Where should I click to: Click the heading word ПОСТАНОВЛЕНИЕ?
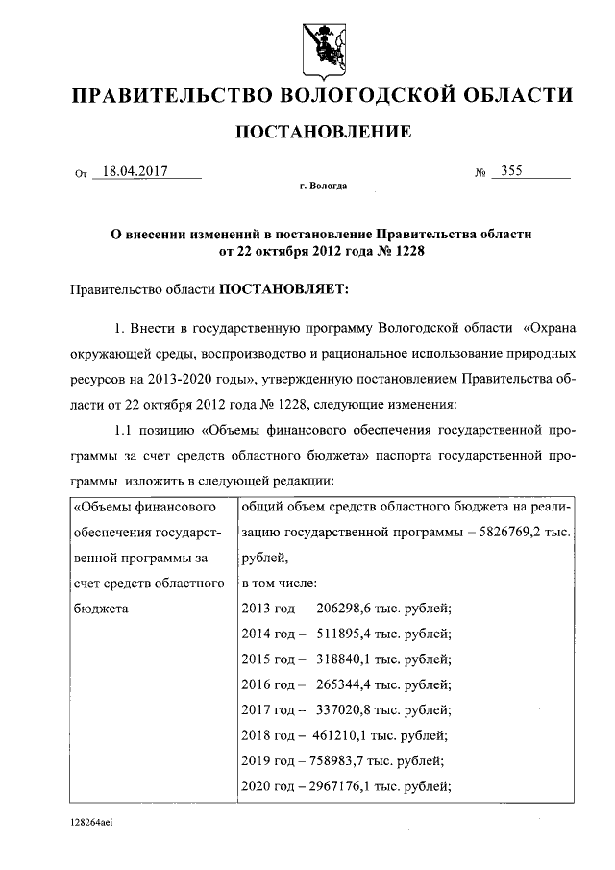click(324, 131)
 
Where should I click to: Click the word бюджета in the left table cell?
click(98, 609)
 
